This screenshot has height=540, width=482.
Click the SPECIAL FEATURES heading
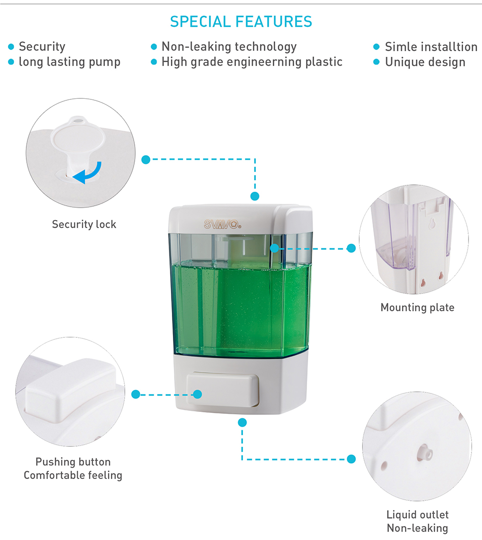[241, 22]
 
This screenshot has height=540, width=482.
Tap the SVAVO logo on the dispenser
[223, 225]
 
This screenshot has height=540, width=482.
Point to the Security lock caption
[84, 225]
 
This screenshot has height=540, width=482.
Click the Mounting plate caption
[417, 307]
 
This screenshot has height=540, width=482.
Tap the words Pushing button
[73, 462]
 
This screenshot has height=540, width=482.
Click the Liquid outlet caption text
[417, 515]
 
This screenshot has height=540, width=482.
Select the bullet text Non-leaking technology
[229, 47]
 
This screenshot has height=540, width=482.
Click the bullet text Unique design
[425, 62]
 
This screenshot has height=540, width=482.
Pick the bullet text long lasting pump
[70, 62]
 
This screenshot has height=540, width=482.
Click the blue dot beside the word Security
[11, 47]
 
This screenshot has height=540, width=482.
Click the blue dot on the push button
[197, 394]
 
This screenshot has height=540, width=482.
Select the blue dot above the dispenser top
[254, 196]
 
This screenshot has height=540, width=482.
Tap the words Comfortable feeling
[73, 475]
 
